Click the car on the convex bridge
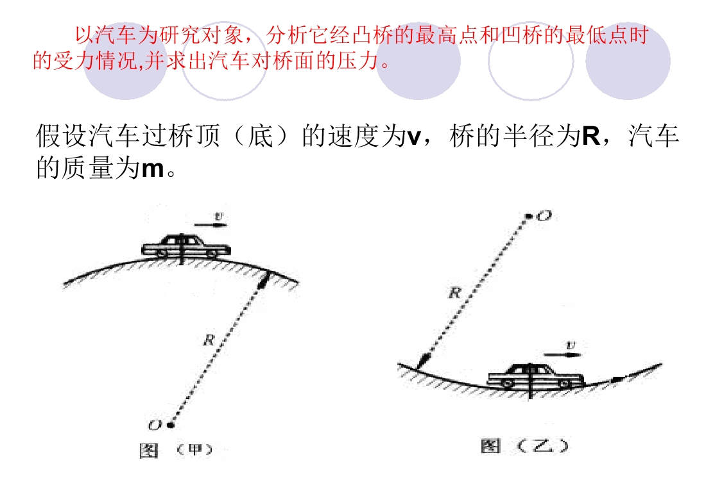coord(186,247)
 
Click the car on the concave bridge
coord(536,377)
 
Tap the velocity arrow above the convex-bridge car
coord(211,224)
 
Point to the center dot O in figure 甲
coord(170,424)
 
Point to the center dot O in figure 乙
coord(529,217)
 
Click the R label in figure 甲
coord(209,340)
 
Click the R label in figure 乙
coord(455,293)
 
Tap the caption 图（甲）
coord(176,450)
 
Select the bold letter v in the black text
coord(413,137)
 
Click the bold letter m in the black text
coord(153,169)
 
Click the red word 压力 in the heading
coord(357,61)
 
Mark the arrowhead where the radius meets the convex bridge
coord(264,281)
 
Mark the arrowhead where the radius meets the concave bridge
coord(424,361)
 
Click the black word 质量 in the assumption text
coord(88,168)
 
